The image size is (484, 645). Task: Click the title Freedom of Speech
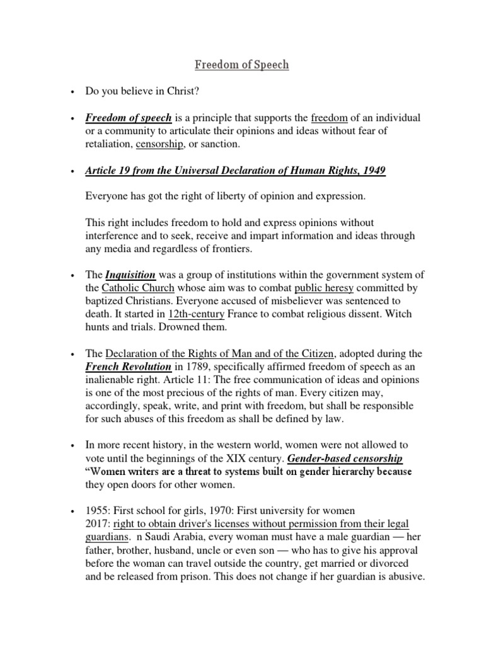(x=242, y=64)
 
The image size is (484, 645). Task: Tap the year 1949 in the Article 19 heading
(x=374, y=171)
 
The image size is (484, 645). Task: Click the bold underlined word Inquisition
(x=130, y=275)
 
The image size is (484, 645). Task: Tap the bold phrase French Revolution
(x=129, y=367)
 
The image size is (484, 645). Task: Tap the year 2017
(x=98, y=525)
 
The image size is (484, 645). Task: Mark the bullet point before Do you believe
(x=74, y=93)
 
